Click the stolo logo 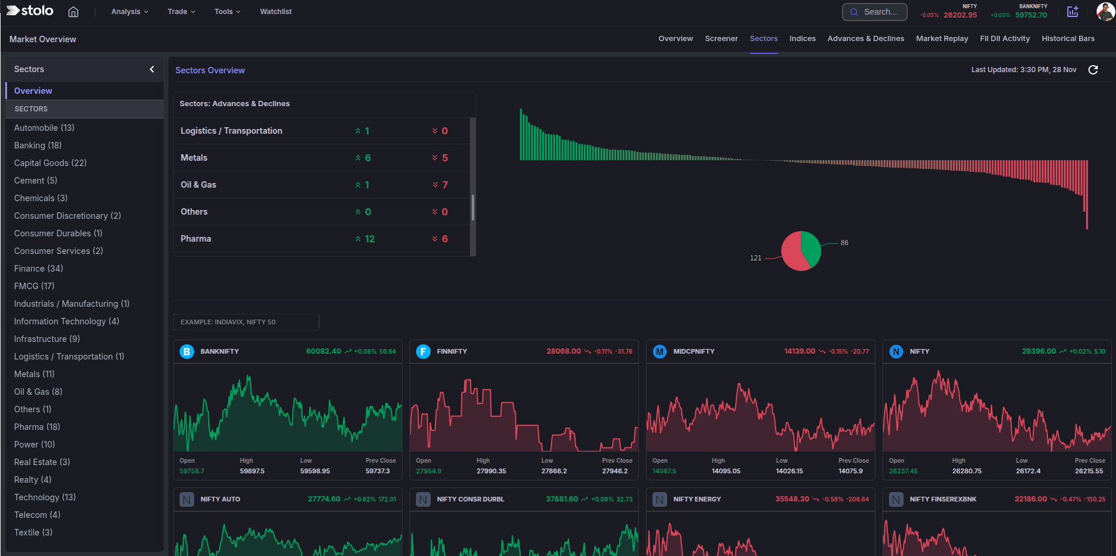[30, 11]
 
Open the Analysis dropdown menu [129, 12]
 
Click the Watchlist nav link [276, 12]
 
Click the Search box [874, 12]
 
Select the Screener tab [721, 39]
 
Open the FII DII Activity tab [1005, 39]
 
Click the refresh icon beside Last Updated [1093, 70]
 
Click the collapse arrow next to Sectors [152, 69]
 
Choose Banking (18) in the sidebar [38, 145]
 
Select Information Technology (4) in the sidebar [66, 321]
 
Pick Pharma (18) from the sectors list [37, 427]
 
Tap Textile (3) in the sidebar [33, 533]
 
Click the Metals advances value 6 [367, 158]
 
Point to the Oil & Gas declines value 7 [445, 185]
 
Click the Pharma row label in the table [195, 239]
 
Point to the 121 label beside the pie [756, 258]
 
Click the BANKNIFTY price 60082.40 [323, 351]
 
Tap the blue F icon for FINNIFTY [423, 351]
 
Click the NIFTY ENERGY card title [697, 499]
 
